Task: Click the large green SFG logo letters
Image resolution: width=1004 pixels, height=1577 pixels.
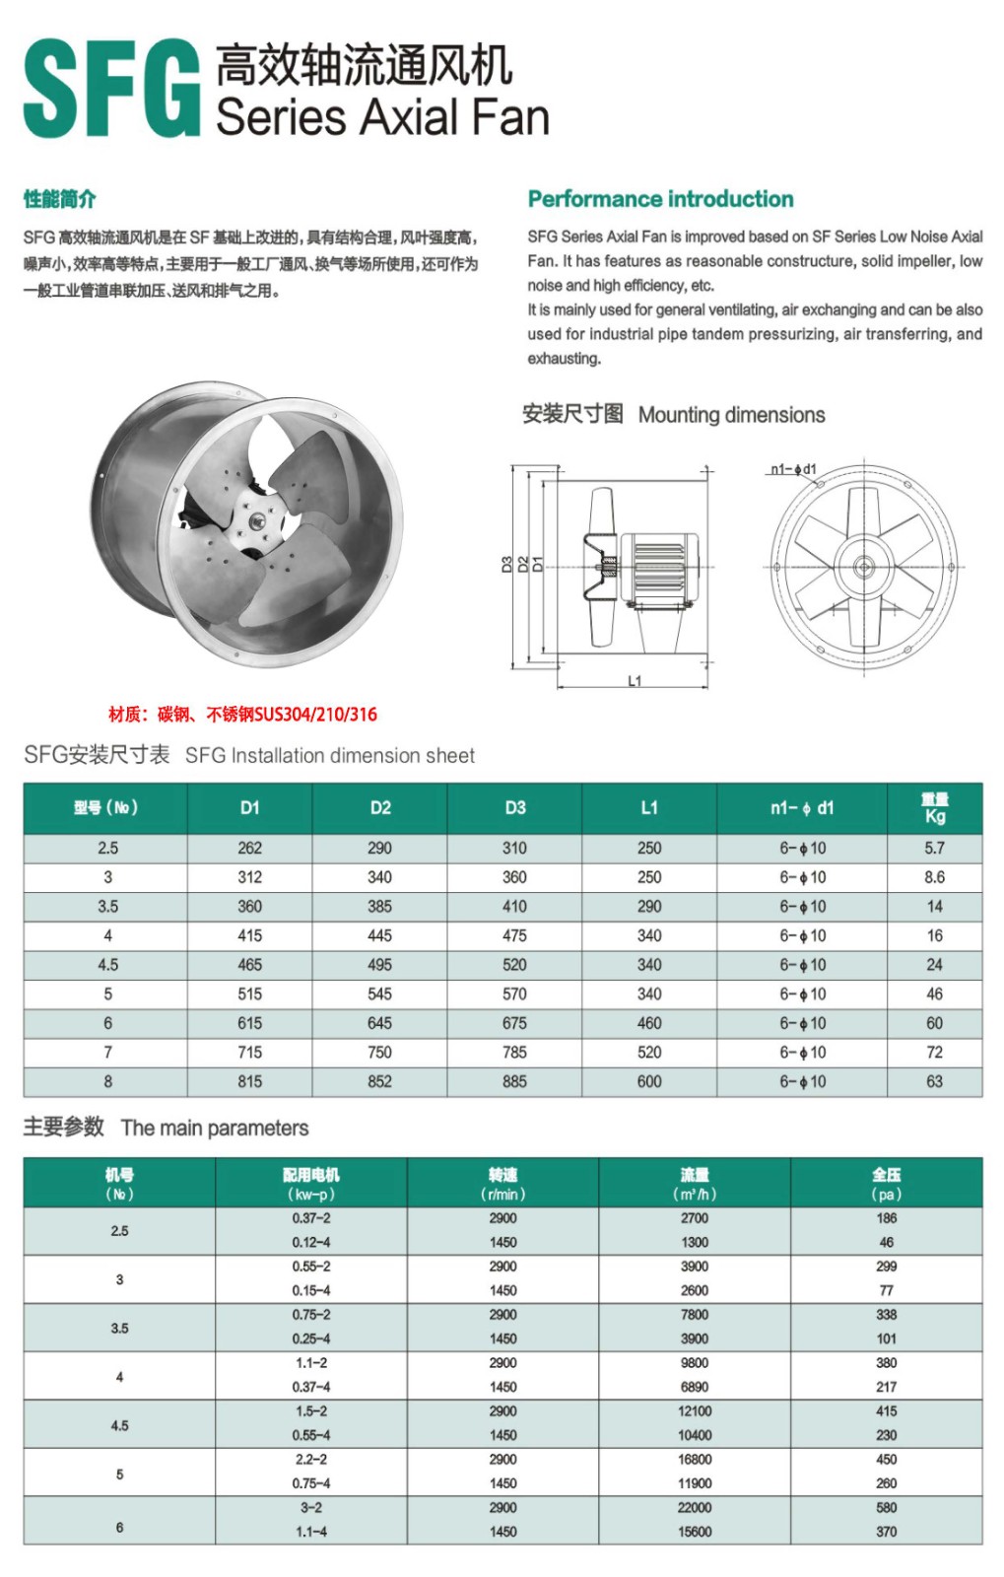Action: click(x=110, y=89)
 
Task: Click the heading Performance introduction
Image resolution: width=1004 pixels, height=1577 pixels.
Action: click(x=660, y=199)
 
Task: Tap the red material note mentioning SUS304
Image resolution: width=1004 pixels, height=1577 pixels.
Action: click(x=242, y=715)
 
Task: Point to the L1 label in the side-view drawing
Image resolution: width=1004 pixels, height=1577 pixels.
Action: click(x=635, y=680)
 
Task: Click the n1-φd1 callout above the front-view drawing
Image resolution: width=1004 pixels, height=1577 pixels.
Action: click(x=792, y=469)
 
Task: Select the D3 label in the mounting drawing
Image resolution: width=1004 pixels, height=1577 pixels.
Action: click(x=507, y=565)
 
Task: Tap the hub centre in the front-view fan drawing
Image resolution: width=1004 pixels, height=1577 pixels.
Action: click(x=863, y=566)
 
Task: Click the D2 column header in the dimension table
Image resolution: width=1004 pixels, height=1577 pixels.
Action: click(x=380, y=807)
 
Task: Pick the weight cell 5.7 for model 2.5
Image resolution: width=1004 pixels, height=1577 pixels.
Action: click(x=934, y=848)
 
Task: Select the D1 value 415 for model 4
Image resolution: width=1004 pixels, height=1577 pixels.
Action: click(x=250, y=935)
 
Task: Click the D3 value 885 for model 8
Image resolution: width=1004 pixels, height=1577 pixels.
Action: click(x=514, y=1081)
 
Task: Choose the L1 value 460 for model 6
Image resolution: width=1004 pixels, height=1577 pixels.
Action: click(x=649, y=1023)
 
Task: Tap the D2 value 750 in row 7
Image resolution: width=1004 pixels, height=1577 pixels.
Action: click(x=380, y=1053)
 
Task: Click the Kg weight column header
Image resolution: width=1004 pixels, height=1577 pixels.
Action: click(x=934, y=808)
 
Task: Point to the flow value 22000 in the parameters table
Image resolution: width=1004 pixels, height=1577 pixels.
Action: click(x=695, y=1508)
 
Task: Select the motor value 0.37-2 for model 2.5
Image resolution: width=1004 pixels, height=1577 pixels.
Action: click(x=311, y=1218)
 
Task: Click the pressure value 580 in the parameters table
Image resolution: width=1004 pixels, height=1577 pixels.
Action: click(x=887, y=1508)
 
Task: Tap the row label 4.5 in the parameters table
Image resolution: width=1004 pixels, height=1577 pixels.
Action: click(x=119, y=1425)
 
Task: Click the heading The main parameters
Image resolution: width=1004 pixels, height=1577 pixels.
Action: click(x=215, y=1128)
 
